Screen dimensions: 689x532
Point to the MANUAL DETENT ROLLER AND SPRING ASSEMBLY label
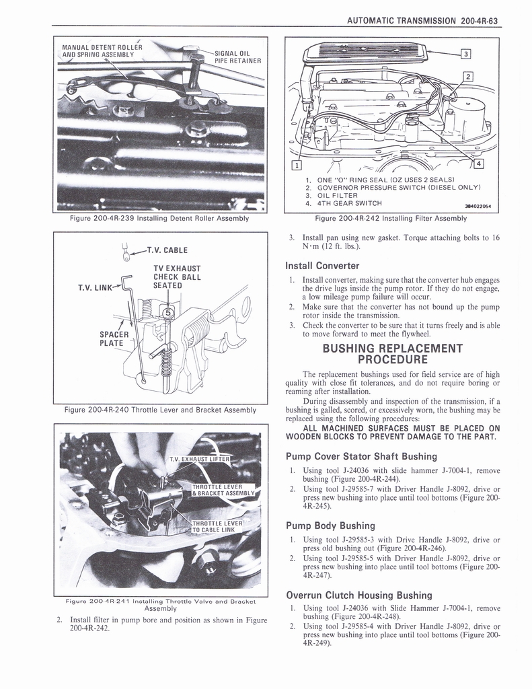tap(102, 51)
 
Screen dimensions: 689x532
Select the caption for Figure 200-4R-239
tap(160, 218)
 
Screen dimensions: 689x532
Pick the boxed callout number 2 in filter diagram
tap(469, 76)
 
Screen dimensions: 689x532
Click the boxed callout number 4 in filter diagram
tap(478, 163)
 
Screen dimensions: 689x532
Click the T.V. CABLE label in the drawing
tap(169, 251)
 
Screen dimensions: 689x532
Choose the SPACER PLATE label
tap(111, 338)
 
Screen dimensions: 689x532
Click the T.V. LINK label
tap(96, 288)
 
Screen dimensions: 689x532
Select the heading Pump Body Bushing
tap(330, 525)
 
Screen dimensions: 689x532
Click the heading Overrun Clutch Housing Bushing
tap(358, 595)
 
